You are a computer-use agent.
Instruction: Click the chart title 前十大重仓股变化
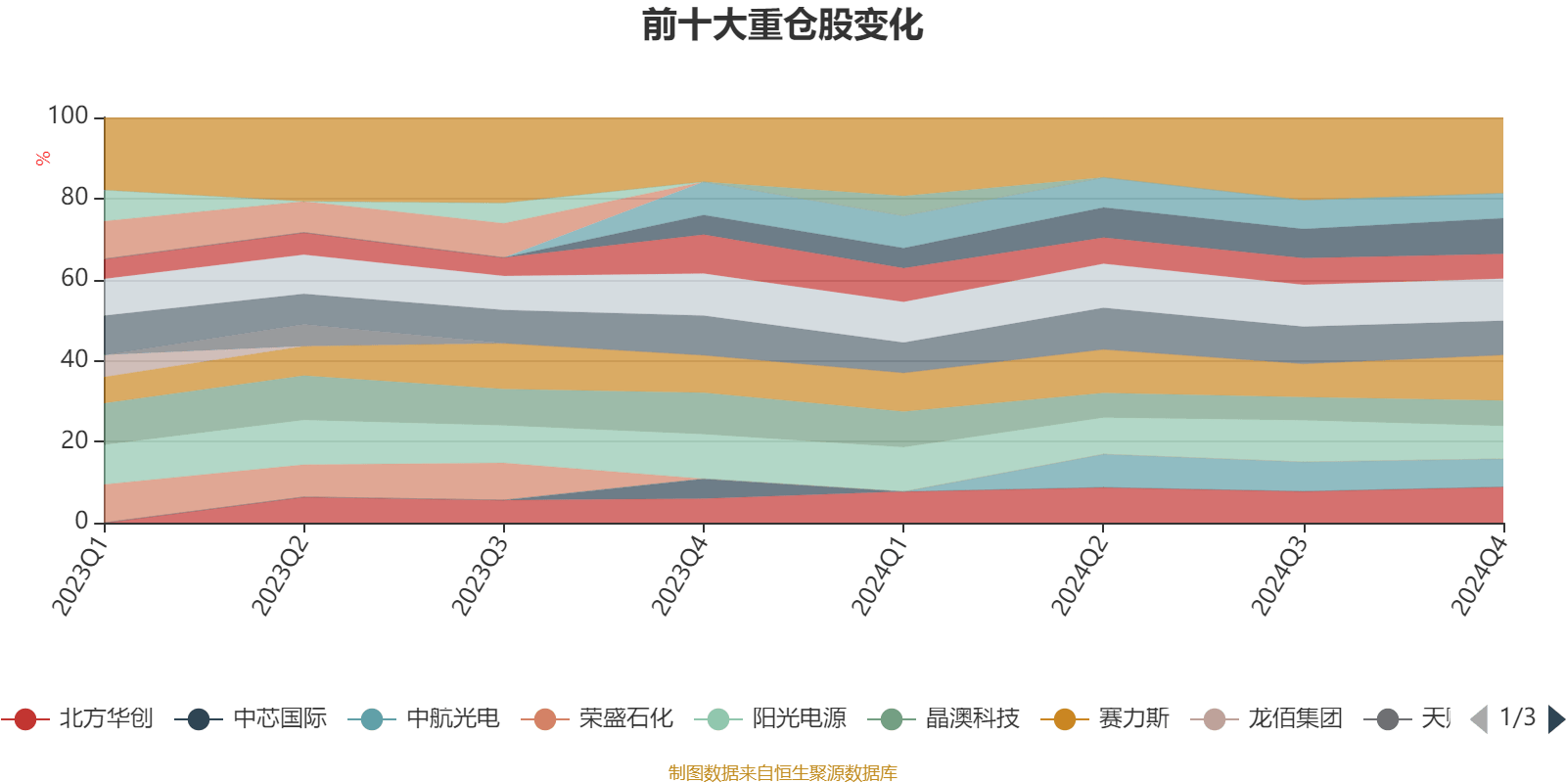coord(782,26)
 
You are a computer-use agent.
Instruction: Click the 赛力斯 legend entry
coord(1106,719)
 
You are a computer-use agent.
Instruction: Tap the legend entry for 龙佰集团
coord(1267,719)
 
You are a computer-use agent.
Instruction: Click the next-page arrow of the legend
coord(1555,719)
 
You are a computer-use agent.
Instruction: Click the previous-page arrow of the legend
coord(1479,719)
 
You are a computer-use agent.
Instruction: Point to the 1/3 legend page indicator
coord(1517,717)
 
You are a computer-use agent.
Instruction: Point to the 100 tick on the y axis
coord(69,116)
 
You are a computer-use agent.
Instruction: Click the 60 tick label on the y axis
coord(74,279)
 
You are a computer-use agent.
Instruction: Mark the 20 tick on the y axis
coord(74,441)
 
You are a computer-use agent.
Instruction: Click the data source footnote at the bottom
coord(782,773)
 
